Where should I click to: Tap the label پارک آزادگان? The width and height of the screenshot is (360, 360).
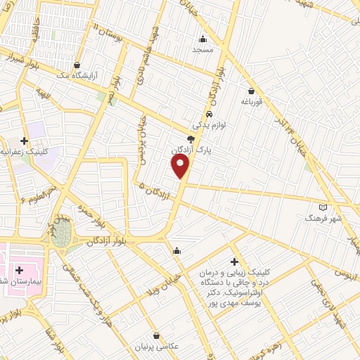click(190, 150)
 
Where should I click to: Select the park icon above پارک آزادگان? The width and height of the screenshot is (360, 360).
click(191, 139)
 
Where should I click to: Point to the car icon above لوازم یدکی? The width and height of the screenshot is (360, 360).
click(210, 114)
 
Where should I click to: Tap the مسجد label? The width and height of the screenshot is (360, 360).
click(202, 50)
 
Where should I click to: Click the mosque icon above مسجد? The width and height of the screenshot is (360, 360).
click(203, 39)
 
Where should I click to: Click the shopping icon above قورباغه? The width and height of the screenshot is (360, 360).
click(251, 90)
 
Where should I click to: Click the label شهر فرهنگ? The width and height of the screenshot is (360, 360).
click(323, 219)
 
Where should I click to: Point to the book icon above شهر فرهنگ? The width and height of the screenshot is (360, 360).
click(323, 207)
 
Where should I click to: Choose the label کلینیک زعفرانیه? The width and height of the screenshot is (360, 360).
click(24, 151)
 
